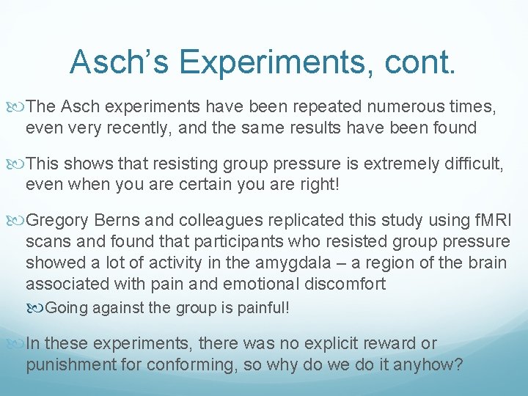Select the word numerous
click(378, 108)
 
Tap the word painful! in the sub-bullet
click(260, 307)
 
